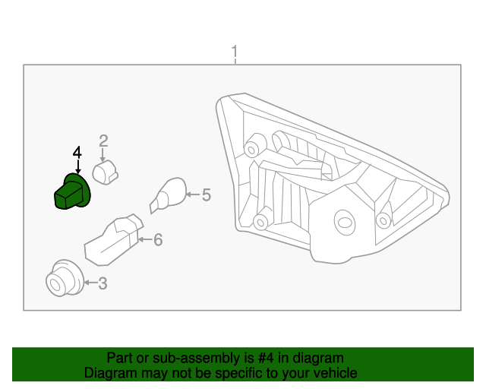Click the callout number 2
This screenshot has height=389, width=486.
click(103, 140)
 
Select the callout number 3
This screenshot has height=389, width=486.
click(103, 284)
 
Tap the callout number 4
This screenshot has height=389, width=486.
click(77, 153)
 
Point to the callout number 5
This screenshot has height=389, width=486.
click(206, 195)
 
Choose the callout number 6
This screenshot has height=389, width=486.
click(158, 240)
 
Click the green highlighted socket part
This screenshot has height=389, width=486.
click(72, 192)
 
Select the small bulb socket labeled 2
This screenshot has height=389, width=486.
click(106, 172)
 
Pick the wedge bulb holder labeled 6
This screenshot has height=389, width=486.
click(113, 242)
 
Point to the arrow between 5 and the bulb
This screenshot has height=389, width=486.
click(191, 195)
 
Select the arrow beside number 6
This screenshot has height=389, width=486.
click(146, 240)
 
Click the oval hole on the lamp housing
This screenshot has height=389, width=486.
click(345, 221)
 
